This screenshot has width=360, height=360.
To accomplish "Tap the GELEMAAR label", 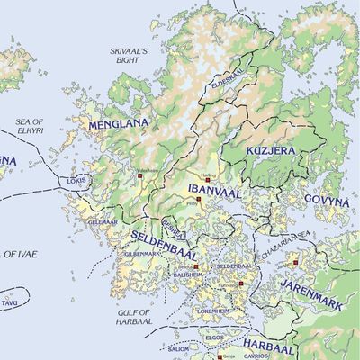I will (x=102, y=220).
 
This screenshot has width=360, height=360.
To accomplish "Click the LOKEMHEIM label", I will (x=214, y=310).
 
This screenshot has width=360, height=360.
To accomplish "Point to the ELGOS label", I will (x=215, y=337).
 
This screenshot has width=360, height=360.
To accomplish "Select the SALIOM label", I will (x=179, y=349).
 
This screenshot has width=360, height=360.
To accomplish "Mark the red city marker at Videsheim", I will (x=139, y=178).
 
